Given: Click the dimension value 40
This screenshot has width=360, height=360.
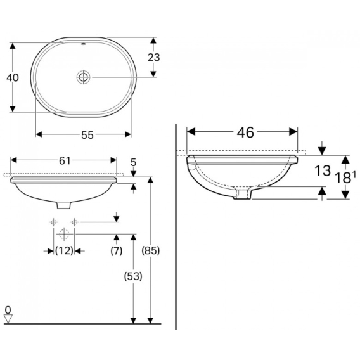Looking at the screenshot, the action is [x=13, y=78].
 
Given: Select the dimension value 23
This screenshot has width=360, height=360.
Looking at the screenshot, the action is [x=153, y=58].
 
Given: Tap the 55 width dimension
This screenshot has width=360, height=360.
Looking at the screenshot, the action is [x=87, y=135].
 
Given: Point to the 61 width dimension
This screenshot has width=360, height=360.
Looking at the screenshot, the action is [x=65, y=161].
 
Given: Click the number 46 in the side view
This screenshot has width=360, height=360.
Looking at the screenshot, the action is [x=245, y=132].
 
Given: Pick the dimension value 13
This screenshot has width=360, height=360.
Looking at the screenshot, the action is [x=323, y=170].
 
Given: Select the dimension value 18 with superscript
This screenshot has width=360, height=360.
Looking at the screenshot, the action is [x=345, y=177].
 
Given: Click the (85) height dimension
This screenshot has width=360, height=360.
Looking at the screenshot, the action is [x=151, y=250].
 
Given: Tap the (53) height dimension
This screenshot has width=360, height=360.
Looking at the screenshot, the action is [x=133, y=276].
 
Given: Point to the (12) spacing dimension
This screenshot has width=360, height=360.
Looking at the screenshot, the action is [x=64, y=250].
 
